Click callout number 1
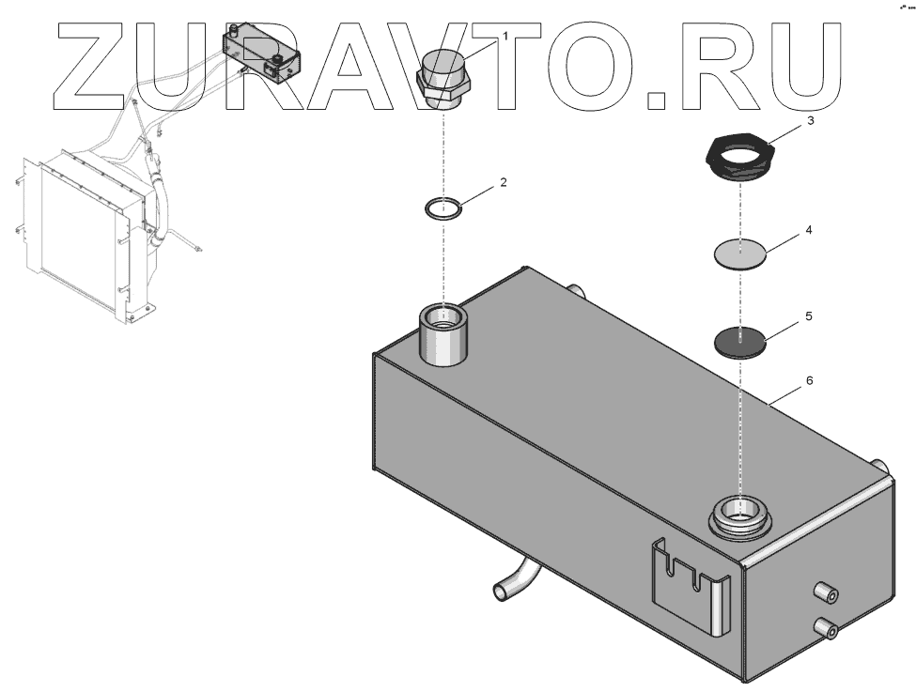click(x=505, y=36)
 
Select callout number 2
click(x=504, y=182)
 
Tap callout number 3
click(x=810, y=121)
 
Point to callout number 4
click(x=808, y=229)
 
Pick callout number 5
click(x=808, y=317)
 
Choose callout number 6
click(x=809, y=381)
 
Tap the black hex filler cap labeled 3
click(x=740, y=155)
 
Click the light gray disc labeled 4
click(x=741, y=253)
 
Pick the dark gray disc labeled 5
click(x=741, y=341)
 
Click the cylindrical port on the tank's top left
click(x=441, y=334)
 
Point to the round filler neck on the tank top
click(x=741, y=515)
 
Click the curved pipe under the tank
click(x=514, y=576)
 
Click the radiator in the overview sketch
click(x=80, y=235)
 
